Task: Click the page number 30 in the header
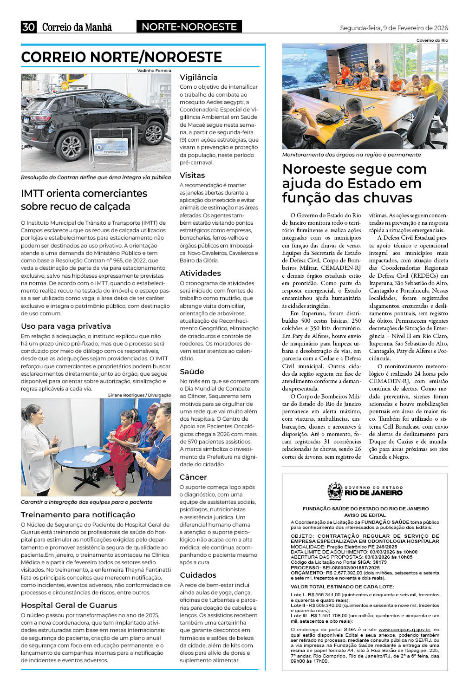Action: (28, 27)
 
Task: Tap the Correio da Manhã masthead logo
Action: (77, 27)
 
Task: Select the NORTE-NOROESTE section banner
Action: (189, 27)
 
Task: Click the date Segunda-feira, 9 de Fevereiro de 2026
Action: (394, 28)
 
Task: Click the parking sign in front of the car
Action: (111, 146)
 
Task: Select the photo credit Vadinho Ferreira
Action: (154, 71)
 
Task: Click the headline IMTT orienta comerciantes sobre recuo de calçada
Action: (84, 200)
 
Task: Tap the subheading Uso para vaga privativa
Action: (66, 326)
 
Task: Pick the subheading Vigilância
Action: (199, 77)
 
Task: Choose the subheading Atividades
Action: (200, 273)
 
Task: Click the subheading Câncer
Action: (193, 477)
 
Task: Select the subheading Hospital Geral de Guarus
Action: (69, 605)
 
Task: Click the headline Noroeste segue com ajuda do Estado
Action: (354, 183)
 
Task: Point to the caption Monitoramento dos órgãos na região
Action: (352, 155)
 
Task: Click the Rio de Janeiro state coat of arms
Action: (335, 490)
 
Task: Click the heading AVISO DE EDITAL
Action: (365, 515)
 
